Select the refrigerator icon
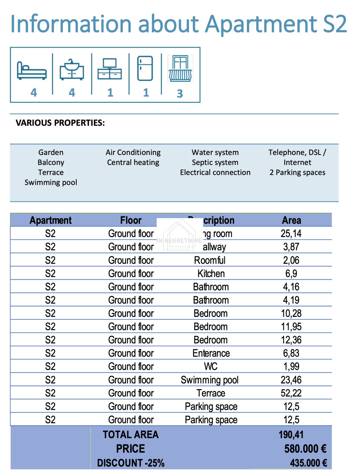tap(145, 68)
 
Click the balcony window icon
tap(180, 68)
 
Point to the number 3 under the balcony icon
tap(180, 93)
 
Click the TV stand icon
tap(110, 69)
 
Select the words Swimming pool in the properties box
tap(51, 182)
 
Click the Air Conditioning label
tap(133, 152)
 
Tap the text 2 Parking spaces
tap(297, 172)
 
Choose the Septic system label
tap(215, 162)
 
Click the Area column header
tap(291, 220)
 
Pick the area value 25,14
tap(291, 233)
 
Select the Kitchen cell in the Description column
tap(211, 273)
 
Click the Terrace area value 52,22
tap(291, 393)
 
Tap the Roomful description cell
tap(210, 260)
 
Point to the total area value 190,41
tap(291, 435)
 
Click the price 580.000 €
tap(305, 449)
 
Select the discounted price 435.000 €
tap(309, 463)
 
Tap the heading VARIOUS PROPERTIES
tap(60, 123)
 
